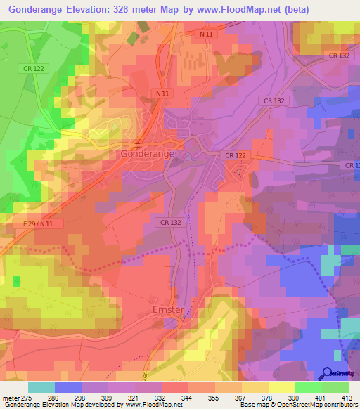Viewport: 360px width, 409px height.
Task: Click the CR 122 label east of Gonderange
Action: click(236, 155)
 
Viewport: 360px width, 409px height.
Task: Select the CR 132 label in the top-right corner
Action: click(338, 55)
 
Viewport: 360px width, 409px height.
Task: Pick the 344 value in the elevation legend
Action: click(188, 398)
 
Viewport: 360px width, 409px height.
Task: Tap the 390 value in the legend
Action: click(295, 398)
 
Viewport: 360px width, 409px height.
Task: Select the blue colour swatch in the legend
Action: click(67, 387)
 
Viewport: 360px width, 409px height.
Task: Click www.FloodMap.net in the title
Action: click(240, 9)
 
